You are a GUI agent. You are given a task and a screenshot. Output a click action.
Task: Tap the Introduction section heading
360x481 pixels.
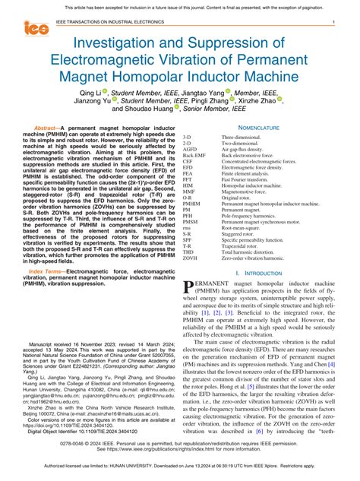262,271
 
